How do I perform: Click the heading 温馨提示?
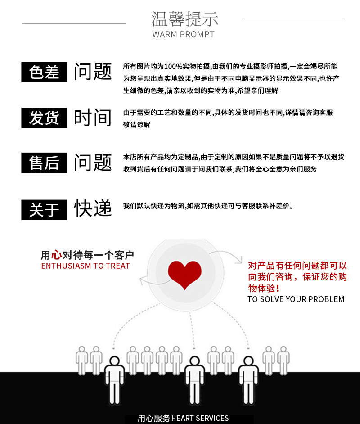[184, 19]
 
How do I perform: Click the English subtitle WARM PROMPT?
[184, 34]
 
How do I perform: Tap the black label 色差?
[44, 72]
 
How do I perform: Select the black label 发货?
[44, 118]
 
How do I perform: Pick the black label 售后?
[44, 162]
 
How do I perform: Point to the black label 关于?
[44, 209]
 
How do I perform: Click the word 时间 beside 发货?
[93, 118]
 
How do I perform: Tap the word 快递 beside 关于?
[93, 208]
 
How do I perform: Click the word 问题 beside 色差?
[93, 72]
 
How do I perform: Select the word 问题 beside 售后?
[93, 162]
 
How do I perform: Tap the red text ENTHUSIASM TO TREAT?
[85, 266]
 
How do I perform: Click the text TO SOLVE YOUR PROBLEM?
[296, 299]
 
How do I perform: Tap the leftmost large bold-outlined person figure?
[114, 380]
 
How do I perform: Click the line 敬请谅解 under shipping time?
[137, 125]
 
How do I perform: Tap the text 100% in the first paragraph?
[173, 67]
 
